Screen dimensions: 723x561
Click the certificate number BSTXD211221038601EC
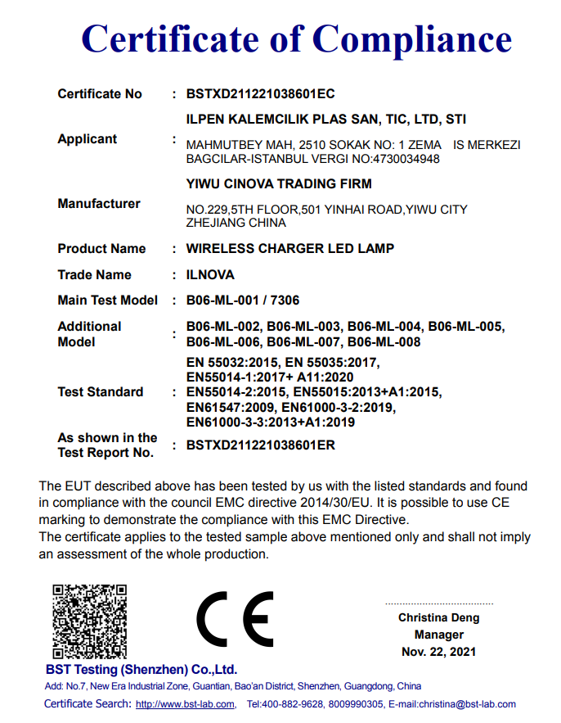[260, 94]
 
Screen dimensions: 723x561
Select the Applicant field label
[88, 139]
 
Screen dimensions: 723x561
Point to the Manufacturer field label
[99, 204]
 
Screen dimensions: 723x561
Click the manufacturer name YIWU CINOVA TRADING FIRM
[279, 184]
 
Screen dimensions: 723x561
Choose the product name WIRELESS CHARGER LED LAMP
[290, 249]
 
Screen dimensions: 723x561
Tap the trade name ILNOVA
[211, 275]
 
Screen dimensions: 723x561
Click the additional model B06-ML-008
[384, 342]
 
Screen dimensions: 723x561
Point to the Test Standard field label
[101, 392]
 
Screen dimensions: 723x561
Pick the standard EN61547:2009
[231, 407]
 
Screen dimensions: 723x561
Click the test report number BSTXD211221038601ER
[260, 446]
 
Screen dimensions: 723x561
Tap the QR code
[90, 620]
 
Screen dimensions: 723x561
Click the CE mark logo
[235, 619]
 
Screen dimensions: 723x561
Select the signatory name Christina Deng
[438, 617]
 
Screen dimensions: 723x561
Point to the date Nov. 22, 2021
[438, 652]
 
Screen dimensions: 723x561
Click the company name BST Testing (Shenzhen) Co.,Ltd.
[142, 669]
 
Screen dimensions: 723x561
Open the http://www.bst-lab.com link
[186, 704]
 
